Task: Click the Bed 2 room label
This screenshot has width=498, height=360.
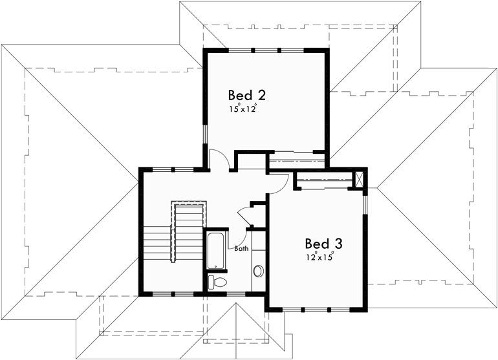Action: tap(246, 95)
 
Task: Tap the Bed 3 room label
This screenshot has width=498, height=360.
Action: tap(323, 244)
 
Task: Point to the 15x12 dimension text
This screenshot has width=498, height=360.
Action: tap(243, 109)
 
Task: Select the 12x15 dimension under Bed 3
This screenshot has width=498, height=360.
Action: tap(320, 257)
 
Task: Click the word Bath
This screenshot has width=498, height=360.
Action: tap(241, 248)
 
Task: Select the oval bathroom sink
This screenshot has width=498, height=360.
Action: tap(258, 270)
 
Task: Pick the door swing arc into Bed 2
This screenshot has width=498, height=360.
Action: tap(218, 159)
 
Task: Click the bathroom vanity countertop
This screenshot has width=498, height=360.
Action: tap(257, 259)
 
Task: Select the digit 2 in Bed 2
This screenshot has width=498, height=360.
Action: tap(261, 95)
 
